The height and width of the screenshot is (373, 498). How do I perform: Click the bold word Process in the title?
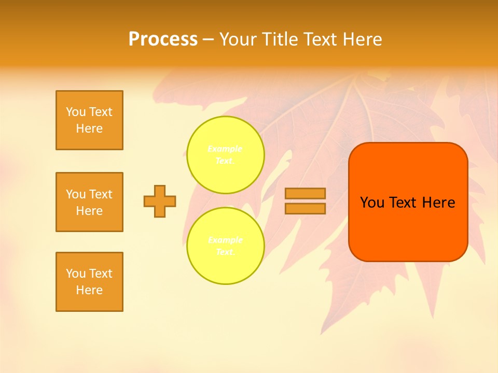pos(163,39)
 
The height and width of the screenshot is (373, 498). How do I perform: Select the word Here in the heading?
pos(362,39)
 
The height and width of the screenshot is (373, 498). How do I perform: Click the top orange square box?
pos(89,120)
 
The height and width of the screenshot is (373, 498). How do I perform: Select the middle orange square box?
pos(89,202)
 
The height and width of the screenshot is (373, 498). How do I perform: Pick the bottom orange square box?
pos(89,282)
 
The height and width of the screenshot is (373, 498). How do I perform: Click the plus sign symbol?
pos(160,201)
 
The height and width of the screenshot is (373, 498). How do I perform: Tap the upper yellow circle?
pos(226,155)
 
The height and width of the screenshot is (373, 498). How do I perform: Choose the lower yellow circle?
pos(226,246)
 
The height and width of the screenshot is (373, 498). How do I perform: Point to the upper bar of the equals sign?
pos(305,193)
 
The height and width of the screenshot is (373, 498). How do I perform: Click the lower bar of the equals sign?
pos(305,208)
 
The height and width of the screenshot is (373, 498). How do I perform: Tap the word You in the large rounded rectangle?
pos(372,203)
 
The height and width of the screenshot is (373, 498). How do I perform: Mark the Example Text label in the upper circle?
pos(225,155)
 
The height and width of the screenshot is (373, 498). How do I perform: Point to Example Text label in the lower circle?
pos(225,246)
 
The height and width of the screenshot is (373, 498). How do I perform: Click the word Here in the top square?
pos(89,128)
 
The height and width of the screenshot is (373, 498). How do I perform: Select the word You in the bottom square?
pos(76,274)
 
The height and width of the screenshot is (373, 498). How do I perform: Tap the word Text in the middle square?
pos(101,194)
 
